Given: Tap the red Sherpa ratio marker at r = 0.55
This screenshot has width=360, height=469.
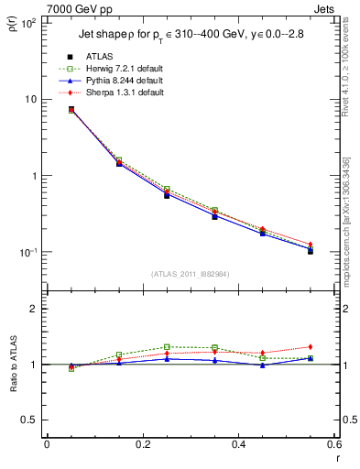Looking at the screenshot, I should [x=311, y=347].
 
